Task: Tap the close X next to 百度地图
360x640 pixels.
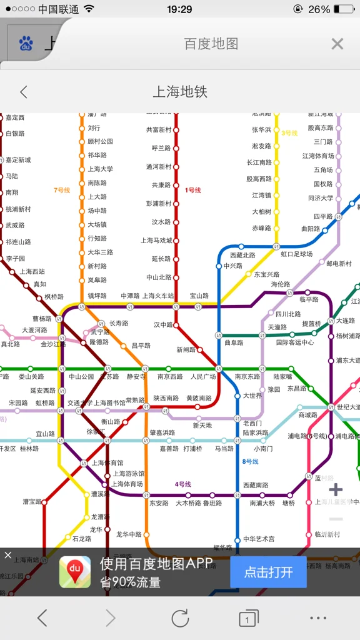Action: pos(337,44)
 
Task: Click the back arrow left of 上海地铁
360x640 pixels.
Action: pos(24,92)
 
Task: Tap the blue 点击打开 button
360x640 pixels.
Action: pos(268,571)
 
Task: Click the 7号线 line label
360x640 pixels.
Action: pos(62,190)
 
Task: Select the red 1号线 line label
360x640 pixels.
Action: pos(193,190)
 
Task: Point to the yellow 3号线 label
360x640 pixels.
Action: pos(289,133)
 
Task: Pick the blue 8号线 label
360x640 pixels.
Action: pos(250,461)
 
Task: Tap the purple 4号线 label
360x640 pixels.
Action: pos(183,484)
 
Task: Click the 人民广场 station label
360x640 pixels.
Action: pos(203,377)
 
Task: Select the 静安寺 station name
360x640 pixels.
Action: pos(136,377)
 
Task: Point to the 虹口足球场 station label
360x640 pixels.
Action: pos(296,254)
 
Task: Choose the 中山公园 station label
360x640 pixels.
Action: pos(81,377)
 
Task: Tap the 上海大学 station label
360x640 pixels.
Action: pos(100,169)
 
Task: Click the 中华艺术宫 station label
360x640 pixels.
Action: pos(259,539)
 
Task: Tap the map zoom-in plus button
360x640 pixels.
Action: pos(336,489)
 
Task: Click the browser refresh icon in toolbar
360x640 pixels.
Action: pos(180,618)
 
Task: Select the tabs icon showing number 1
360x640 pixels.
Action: pos(248,619)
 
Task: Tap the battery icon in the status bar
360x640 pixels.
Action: pos(344,9)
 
